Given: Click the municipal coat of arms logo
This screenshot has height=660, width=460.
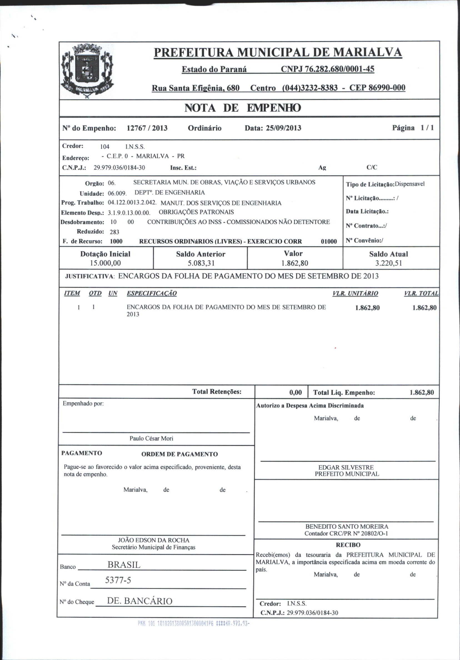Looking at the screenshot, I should click(x=88, y=71).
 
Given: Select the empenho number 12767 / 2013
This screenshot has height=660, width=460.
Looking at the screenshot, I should click(x=147, y=128).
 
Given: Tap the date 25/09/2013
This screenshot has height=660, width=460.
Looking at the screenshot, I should click(x=284, y=128).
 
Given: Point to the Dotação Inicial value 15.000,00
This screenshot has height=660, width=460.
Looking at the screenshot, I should click(x=105, y=263).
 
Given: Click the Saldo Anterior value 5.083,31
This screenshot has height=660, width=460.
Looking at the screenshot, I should click(x=200, y=263).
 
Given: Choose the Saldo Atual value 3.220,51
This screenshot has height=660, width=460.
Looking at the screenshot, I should click(x=388, y=263).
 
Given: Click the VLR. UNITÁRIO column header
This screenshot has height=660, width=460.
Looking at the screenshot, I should click(x=355, y=294).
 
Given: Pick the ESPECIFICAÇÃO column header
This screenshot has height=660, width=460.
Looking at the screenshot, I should click(x=152, y=294).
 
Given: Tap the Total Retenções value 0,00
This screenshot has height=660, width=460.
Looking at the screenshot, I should click(x=296, y=392).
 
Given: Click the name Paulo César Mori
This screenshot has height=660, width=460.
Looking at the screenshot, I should click(x=151, y=438).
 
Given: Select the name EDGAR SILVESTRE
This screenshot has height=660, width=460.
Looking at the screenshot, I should click(x=346, y=467).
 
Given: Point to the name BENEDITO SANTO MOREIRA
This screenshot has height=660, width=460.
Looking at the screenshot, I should click(x=347, y=527).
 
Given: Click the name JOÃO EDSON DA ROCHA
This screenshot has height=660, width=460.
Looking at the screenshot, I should click(x=154, y=540).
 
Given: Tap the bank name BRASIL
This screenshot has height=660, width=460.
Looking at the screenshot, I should click(x=124, y=565).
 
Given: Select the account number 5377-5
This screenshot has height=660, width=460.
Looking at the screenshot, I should click(x=118, y=580).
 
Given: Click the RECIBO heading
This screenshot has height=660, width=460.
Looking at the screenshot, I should click(x=348, y=545).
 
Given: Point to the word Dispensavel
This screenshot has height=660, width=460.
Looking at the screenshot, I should click(x=409, y=184).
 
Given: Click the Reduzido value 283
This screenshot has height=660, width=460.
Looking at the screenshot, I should click(x=114, y=232).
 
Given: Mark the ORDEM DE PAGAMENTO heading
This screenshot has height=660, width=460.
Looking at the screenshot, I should click(x=179, y=454).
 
